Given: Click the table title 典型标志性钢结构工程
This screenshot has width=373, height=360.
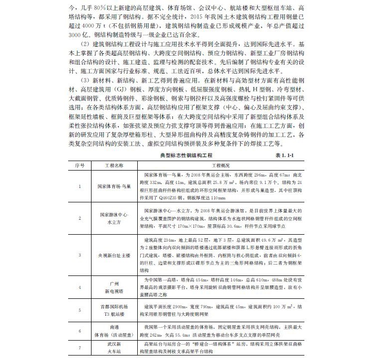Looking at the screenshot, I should coord(187,156).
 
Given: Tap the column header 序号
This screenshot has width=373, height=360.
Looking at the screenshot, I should coord(79,165).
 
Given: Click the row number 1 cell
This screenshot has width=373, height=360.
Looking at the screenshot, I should coord(79,186).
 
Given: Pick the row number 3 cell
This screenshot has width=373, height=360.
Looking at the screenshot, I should coord(79,255).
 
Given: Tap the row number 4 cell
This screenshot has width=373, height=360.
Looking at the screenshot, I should coord(79,287).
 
